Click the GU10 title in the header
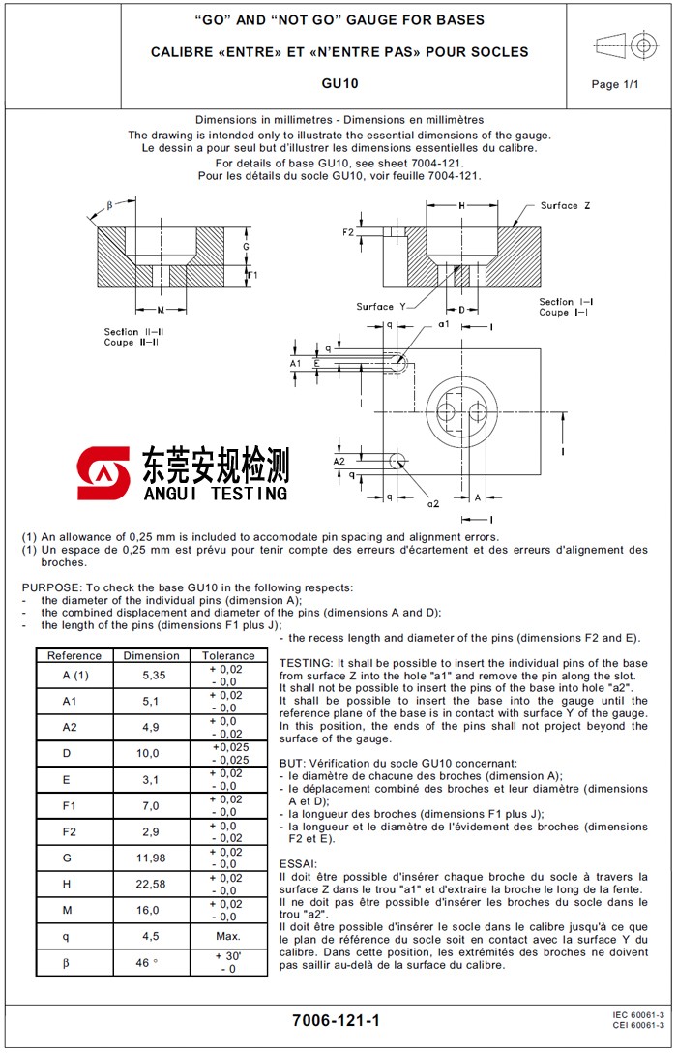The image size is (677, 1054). coord(339,84)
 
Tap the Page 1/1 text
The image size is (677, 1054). coord(615,84)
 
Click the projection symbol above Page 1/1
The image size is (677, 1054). coord(623,45)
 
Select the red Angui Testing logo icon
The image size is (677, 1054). coord(103,473)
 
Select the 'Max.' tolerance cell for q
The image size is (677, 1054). coord(227,936)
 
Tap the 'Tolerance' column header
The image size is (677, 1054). coord(228,655)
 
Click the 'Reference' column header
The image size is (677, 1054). coord(74,655)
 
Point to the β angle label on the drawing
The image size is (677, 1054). coord(109,205)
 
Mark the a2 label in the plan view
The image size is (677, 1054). coord(432,504)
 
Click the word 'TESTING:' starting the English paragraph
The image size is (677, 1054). coord(307,663)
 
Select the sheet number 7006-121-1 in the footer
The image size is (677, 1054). coord(337,1020)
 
